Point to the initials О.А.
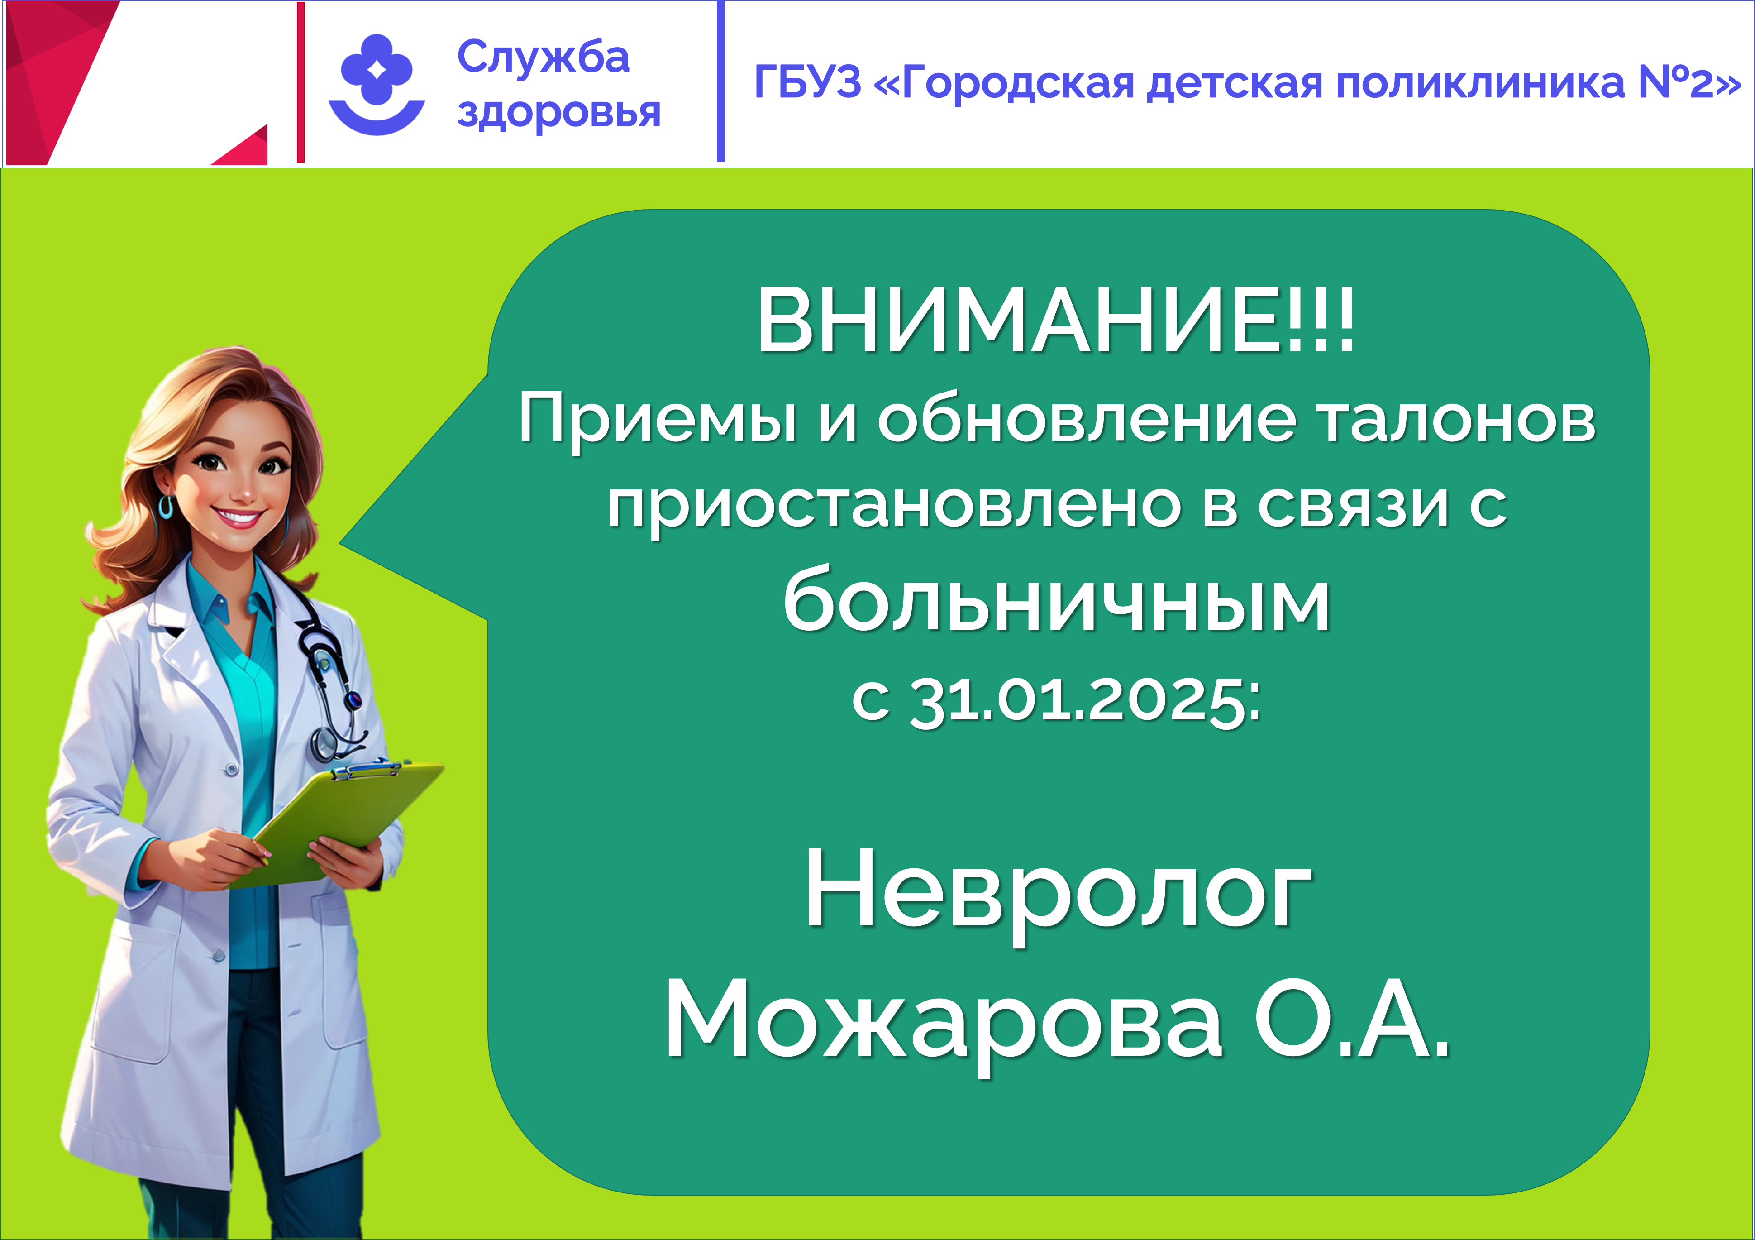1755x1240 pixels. pyautogui.click(x=1351, y=1018)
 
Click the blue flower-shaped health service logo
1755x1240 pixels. pyautogui.click(x=377, y=84)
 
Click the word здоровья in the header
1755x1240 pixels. pyautogui.click(x=559, y=113)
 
